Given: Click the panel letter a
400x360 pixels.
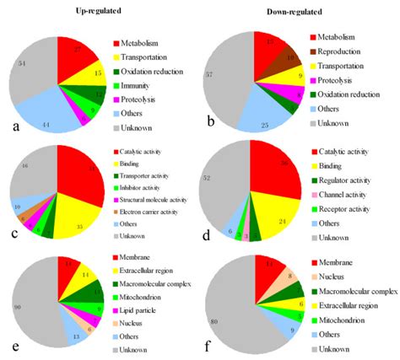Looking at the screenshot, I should coord(8,128).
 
